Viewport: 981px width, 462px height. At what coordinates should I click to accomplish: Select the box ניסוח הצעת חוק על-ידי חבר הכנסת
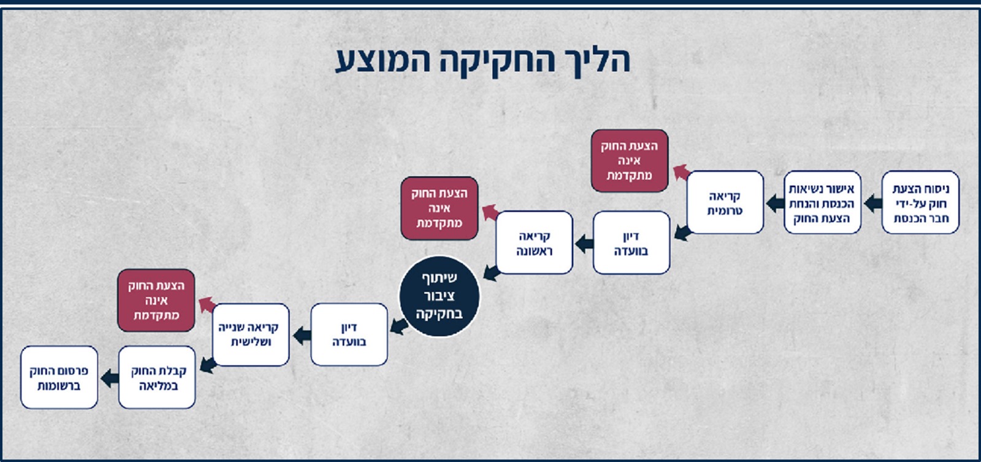coord(920,202)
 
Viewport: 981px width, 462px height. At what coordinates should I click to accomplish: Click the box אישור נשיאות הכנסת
coord(822,202)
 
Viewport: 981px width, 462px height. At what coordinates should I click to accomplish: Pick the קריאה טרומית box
coord(725,202)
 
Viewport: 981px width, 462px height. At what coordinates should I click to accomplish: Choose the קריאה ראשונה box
coord(534,242)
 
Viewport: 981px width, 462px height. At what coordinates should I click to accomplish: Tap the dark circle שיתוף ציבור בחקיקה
coord(439,296)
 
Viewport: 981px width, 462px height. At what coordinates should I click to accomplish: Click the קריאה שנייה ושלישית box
coord(251,334)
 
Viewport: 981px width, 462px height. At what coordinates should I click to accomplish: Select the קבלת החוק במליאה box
coord(157,377)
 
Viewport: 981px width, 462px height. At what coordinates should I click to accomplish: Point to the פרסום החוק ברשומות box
coord(59,377)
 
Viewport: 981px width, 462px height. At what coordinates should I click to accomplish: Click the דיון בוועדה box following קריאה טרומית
coord(631,242)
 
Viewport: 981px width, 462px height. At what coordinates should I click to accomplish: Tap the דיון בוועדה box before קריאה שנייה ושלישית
coord(349,334)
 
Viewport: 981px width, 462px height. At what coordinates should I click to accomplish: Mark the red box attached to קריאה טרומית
coord(629,160)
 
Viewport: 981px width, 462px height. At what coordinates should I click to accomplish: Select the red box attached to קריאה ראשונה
coord(439,208)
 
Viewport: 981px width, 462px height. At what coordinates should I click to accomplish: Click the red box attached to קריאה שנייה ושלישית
coord(156,300)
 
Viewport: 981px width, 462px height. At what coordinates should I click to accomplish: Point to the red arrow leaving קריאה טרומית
coord(682,172)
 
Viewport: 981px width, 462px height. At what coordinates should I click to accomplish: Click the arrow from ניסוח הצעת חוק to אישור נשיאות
coord(872,203)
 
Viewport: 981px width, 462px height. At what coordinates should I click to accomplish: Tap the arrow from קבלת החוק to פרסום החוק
coord(110,378)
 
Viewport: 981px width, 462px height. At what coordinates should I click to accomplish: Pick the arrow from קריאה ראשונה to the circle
coord(492,272)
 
